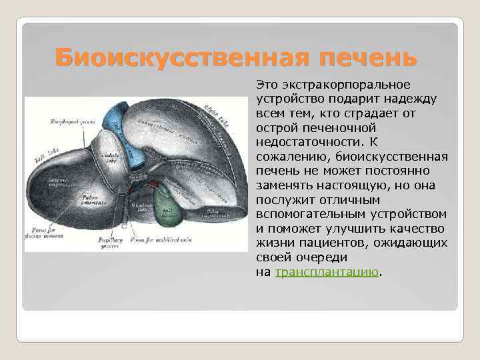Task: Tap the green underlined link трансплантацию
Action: pos(327,272)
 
